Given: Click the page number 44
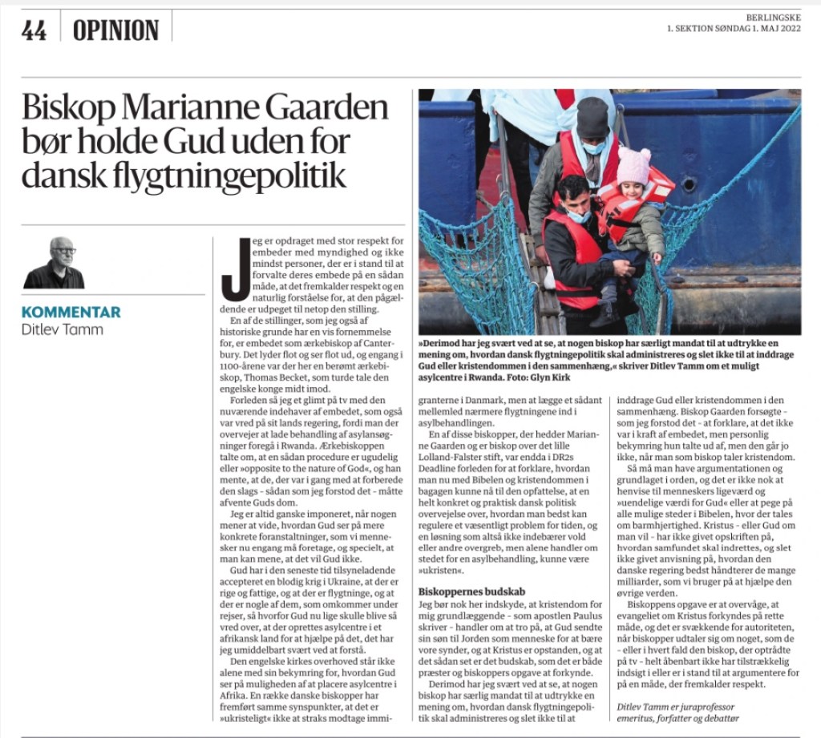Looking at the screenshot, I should click(x=34, y=30).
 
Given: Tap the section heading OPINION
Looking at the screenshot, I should click(x=116, y=30).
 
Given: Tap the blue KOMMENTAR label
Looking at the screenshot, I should click(x=71, y=312).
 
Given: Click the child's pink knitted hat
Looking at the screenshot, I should click(x=633, y=165).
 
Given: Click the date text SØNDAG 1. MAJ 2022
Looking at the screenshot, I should click(x=762, y=30).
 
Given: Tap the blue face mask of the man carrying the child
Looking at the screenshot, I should click(x=579, y=215).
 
